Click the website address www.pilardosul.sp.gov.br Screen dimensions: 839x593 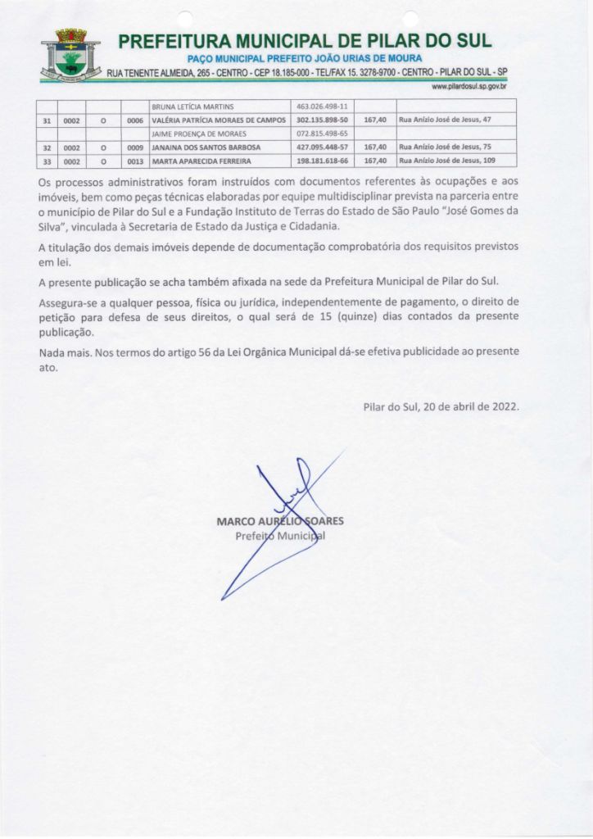tap(469, 86)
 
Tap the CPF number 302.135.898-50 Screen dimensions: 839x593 tap(323, 119)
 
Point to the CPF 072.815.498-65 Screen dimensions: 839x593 tap(323, 132)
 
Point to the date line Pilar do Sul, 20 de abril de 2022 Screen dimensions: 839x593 tap(441, 406)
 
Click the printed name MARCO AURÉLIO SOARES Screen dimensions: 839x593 tap(280, 521)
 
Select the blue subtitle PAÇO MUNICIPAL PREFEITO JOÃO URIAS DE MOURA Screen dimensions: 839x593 tap(305, 59)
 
